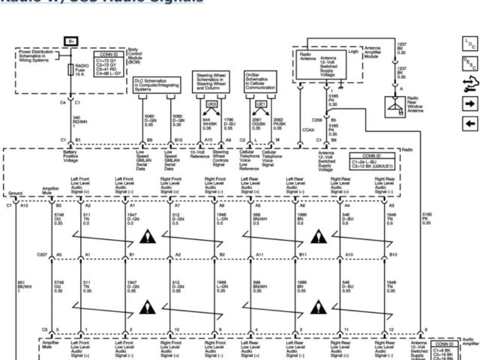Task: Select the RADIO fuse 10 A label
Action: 81,70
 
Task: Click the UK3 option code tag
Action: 212,103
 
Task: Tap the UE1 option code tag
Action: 261,103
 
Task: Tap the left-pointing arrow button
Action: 470,123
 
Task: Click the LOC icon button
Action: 470,46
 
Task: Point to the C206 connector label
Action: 317,119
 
